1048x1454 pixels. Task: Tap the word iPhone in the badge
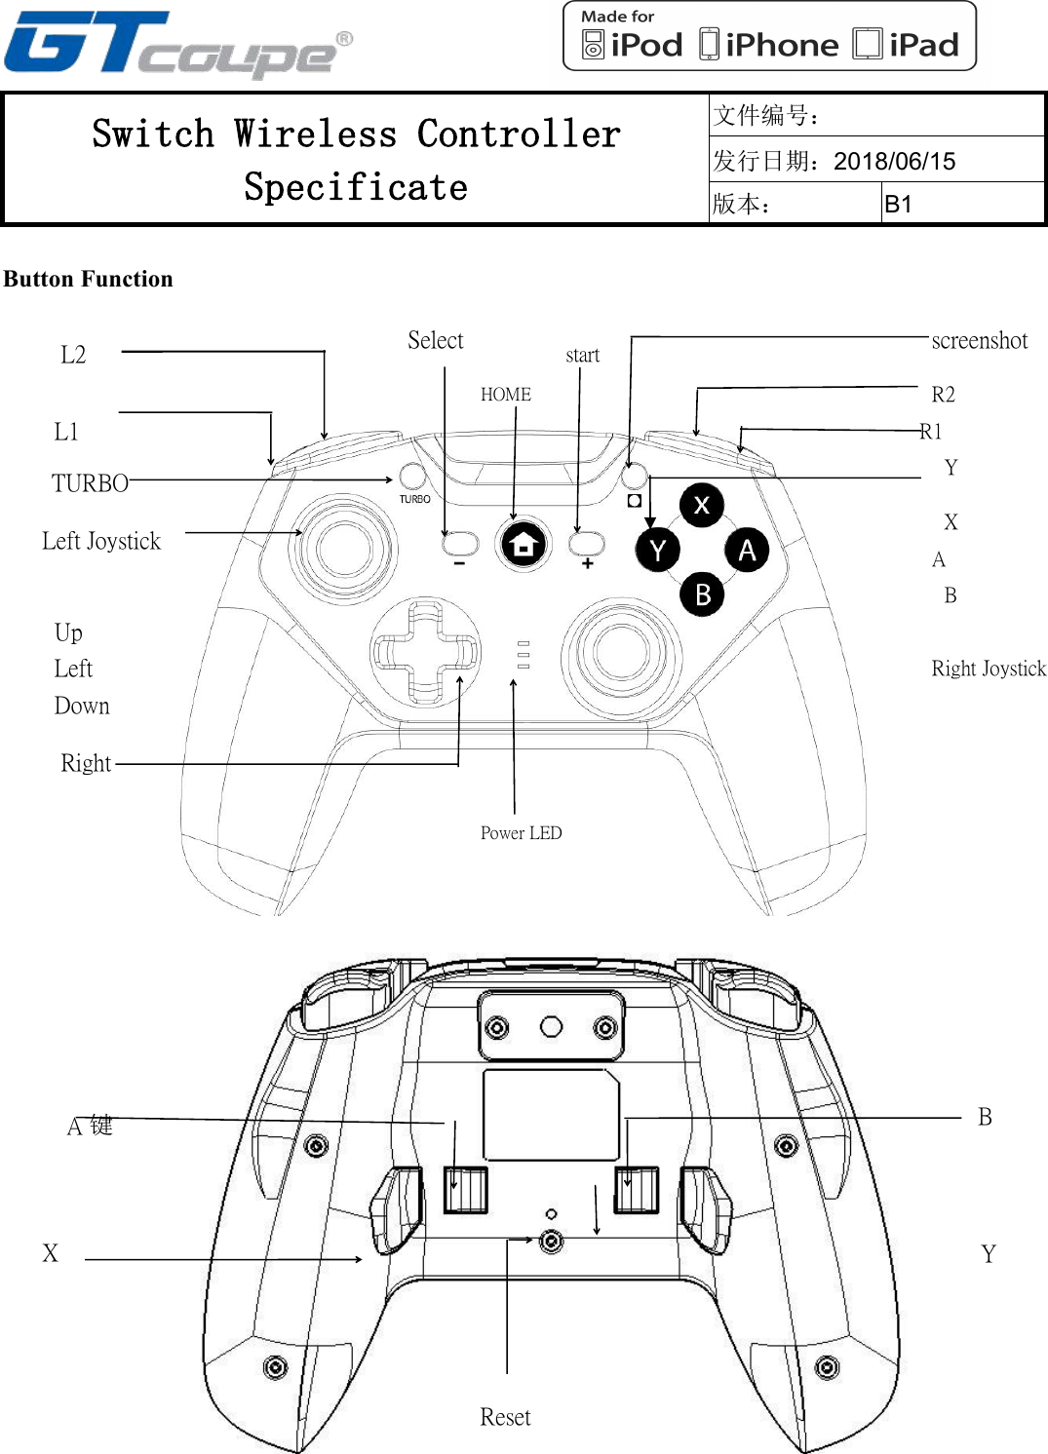pos(781,45)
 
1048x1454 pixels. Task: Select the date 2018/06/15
pos(894,161)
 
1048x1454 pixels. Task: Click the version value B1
pos(898,205)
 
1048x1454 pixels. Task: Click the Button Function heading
pos(88,279)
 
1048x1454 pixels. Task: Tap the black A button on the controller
pos(747,551)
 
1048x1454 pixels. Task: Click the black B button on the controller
pos(703,594)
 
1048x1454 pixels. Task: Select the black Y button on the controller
pos(658,551)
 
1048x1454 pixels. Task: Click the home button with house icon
pos(524,545)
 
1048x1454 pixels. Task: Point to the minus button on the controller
pos(459,543)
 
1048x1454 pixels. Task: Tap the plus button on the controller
pos(587,543)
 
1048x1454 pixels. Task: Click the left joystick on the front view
pos(344,548)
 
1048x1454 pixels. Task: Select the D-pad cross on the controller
pos(426,652)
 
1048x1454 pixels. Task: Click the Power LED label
pos(521,833)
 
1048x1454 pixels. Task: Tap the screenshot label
pos(979,340)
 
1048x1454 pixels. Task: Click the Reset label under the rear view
pos(505,1417)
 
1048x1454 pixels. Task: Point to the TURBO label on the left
pos(90,483)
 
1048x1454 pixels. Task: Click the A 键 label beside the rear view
pos(90,1127)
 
